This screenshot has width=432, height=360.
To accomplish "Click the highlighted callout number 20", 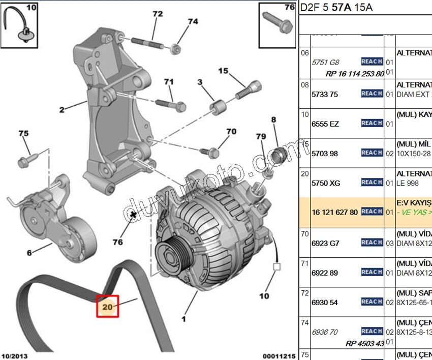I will pyautogui.click(x=108, y=307).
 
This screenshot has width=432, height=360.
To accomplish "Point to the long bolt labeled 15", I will pyautogui.click(x=248, y=90).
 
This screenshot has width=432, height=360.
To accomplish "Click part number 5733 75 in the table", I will pyautogui.click(x=325, y=94).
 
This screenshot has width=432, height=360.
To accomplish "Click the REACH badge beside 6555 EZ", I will pyautogui.click(x=372, y=123).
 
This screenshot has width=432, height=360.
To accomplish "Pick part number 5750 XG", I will pyautogui.click(x=326, y=183).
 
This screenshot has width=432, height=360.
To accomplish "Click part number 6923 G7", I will pyautogui.click(x=325, y=243).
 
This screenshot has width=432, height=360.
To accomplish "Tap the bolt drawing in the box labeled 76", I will pyautogui.click(x=277, y=22).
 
